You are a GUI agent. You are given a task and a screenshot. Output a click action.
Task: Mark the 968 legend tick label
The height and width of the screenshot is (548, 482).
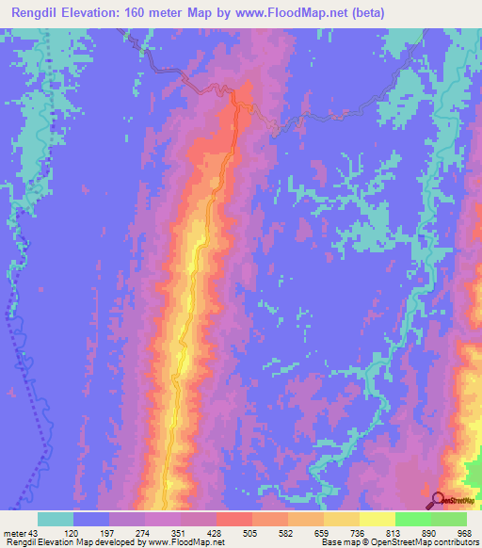click(463, 532)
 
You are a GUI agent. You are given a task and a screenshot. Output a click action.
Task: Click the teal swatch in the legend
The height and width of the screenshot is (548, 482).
click(56, 519)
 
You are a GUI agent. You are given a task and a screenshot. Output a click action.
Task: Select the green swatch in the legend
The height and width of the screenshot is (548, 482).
click(449, 519)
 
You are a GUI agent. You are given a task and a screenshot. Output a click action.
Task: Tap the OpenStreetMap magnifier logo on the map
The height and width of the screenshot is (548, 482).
click(437, 499)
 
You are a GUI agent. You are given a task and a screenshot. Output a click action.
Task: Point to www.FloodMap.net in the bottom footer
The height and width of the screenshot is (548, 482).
click(185, 542)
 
